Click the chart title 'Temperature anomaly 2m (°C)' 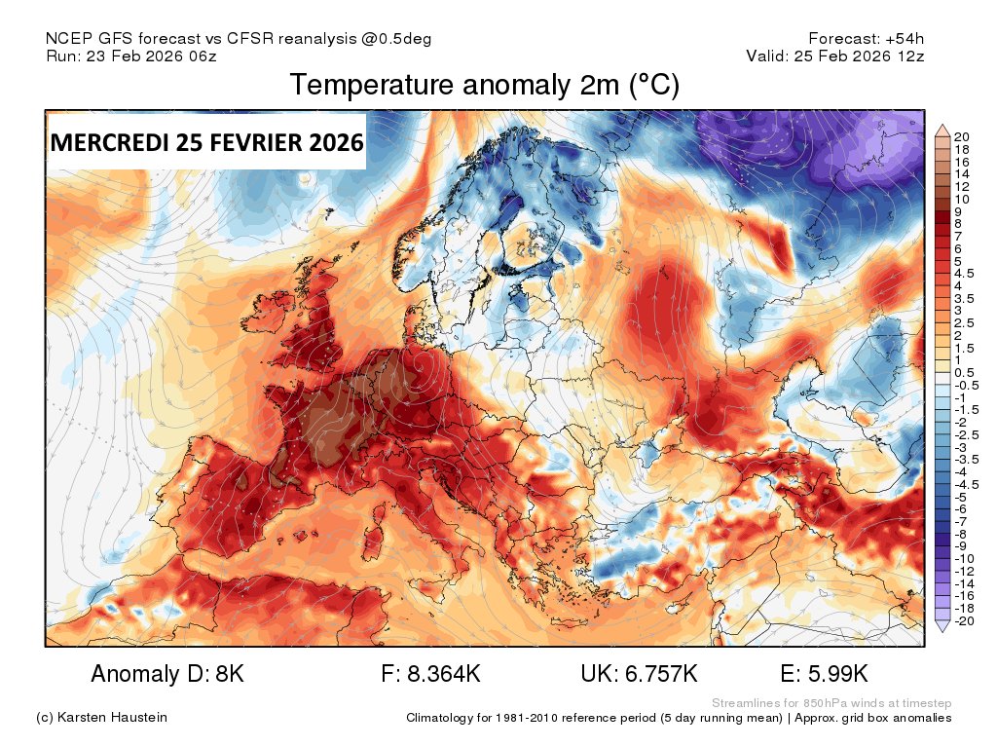484,86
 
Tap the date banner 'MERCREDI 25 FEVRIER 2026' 206,142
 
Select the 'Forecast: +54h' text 866,39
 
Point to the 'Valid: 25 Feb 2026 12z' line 834,56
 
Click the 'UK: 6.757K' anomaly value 639,674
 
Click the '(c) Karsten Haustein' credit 101,718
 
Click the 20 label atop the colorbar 962,136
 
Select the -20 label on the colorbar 964,621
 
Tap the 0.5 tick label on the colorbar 964,372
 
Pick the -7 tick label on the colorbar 962,522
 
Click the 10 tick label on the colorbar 962,199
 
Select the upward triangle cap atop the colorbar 942,130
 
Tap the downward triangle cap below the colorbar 942,628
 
